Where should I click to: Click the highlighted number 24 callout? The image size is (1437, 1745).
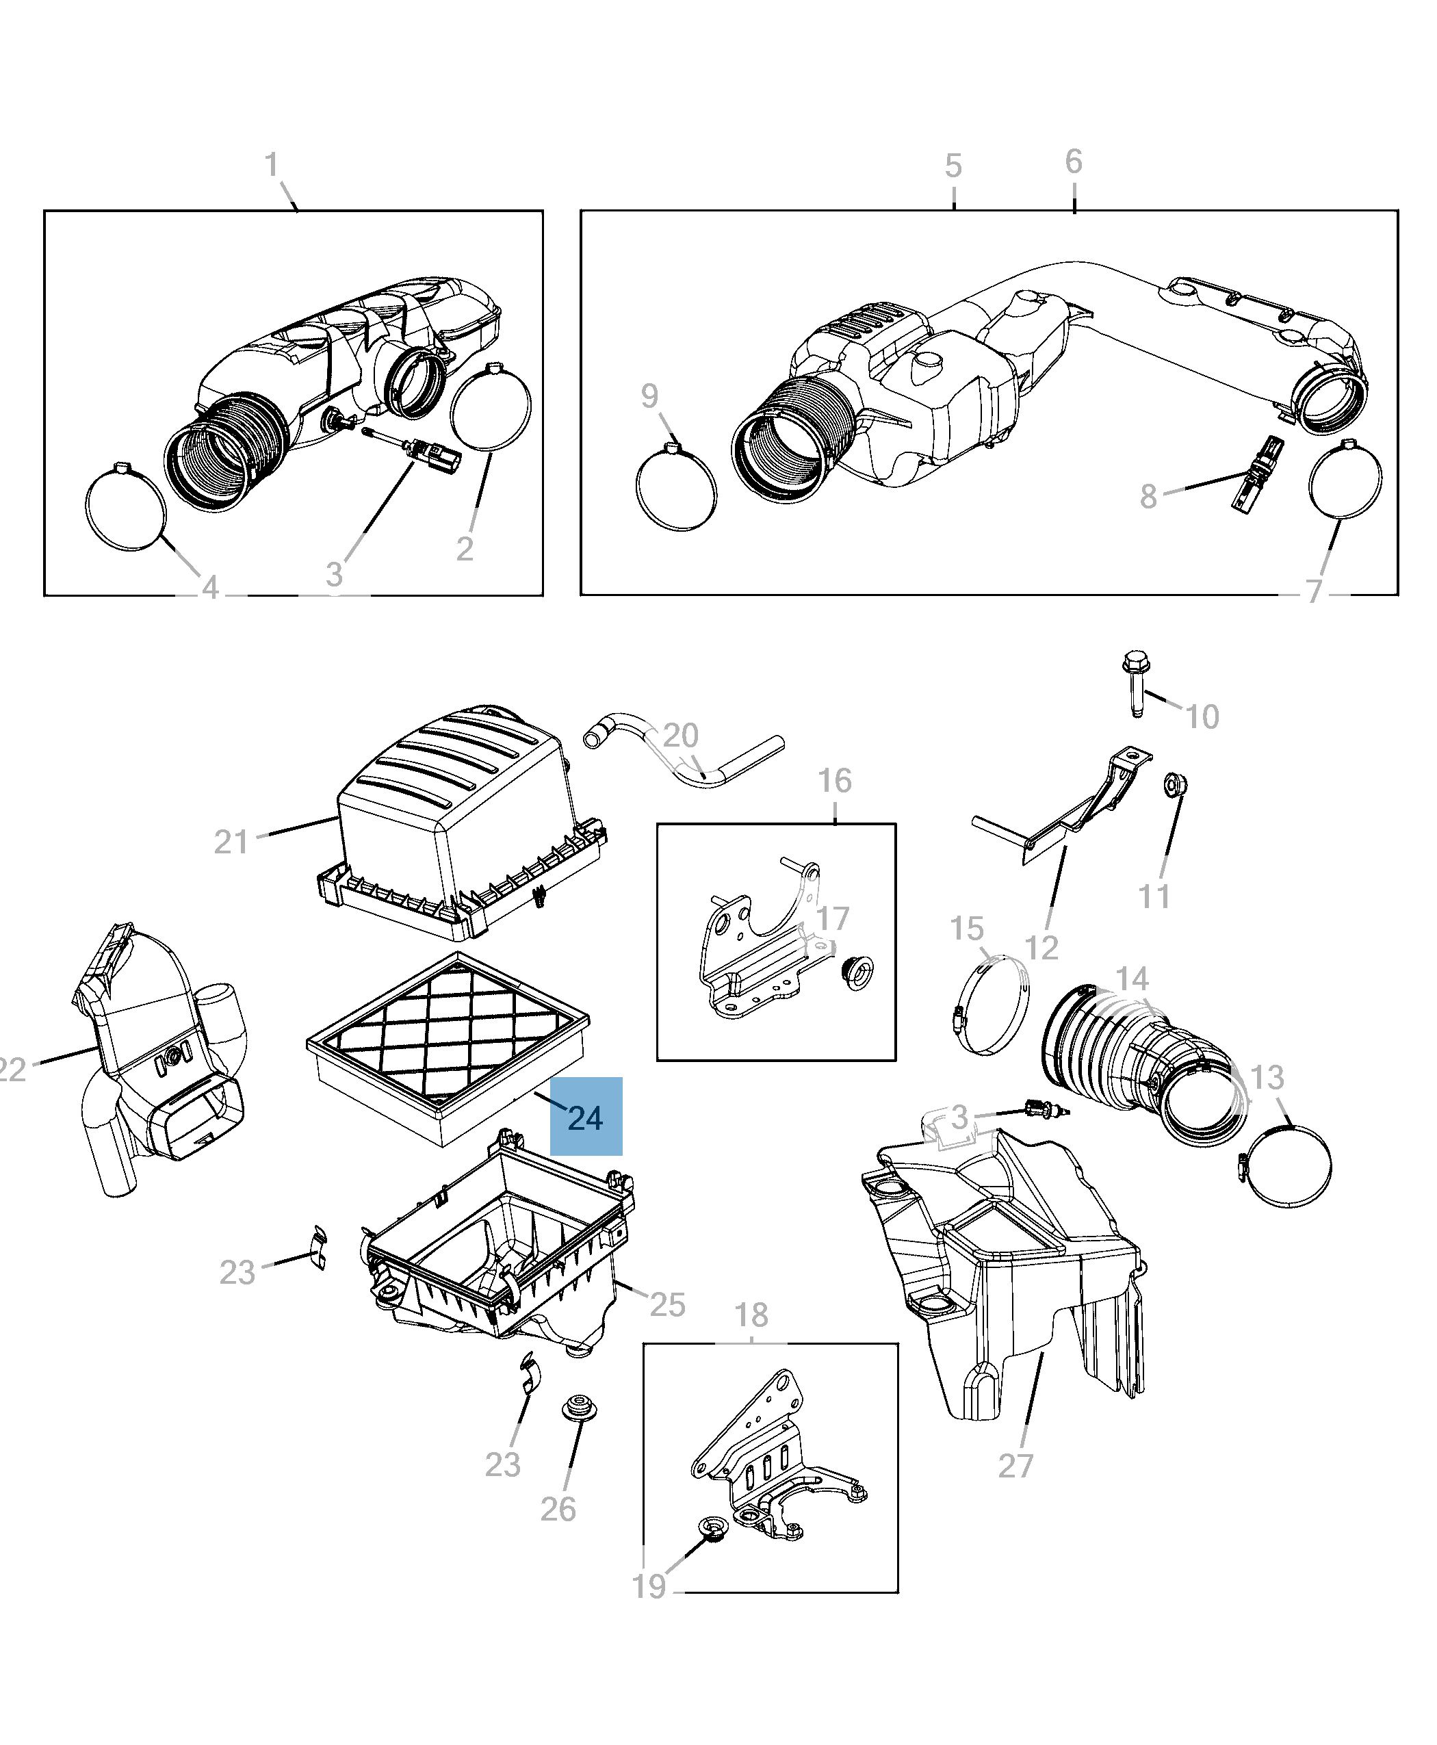585,1117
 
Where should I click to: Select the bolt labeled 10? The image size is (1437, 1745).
1135,684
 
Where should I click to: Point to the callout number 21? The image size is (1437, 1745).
231,842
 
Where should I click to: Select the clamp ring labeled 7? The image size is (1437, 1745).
1345,480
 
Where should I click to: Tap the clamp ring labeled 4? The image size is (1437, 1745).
127,506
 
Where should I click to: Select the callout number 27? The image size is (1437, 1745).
1015,1465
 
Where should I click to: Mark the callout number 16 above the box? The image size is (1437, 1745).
834,780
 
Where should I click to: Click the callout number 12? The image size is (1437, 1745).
1041,947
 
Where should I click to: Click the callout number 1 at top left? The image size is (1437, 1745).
272,165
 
